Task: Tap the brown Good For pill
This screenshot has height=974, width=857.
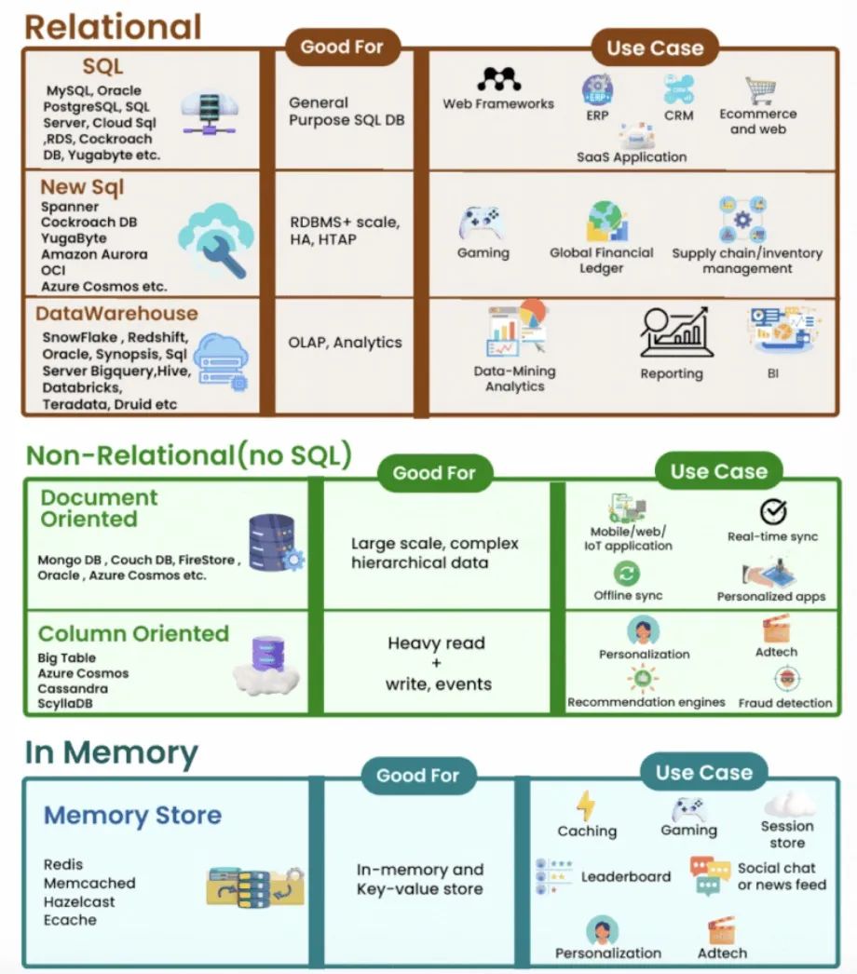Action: (x=342, y=47)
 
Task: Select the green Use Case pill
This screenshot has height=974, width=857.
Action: (x=717, y=471)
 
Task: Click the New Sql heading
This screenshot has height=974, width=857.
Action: (x=82, y=187)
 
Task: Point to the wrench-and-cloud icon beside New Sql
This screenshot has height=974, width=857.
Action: (x=214, y=241)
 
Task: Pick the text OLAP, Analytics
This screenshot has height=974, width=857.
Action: (x=345, y=343)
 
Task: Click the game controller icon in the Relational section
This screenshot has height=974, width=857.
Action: (x=483, y=223)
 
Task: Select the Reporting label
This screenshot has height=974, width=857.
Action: (x=671, y=373)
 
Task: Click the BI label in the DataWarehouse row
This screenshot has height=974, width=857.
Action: (x=772, y=373)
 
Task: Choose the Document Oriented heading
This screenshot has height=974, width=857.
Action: (x=100, y=508)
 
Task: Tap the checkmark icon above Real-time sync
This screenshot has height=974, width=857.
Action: (x=772, y=511)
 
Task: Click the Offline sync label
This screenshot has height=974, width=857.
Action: (x=628, y=595)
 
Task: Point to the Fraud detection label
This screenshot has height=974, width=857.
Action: (x=784, y=703)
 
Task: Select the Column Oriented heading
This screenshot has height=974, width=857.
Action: (x=133, y=634)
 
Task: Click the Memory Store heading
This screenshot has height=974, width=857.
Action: (x=132, y=816)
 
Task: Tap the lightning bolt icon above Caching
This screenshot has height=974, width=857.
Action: (x=585, y=805)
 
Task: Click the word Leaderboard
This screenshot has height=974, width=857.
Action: (x=625, y=876)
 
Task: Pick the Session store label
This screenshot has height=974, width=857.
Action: (x=787, y=834)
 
